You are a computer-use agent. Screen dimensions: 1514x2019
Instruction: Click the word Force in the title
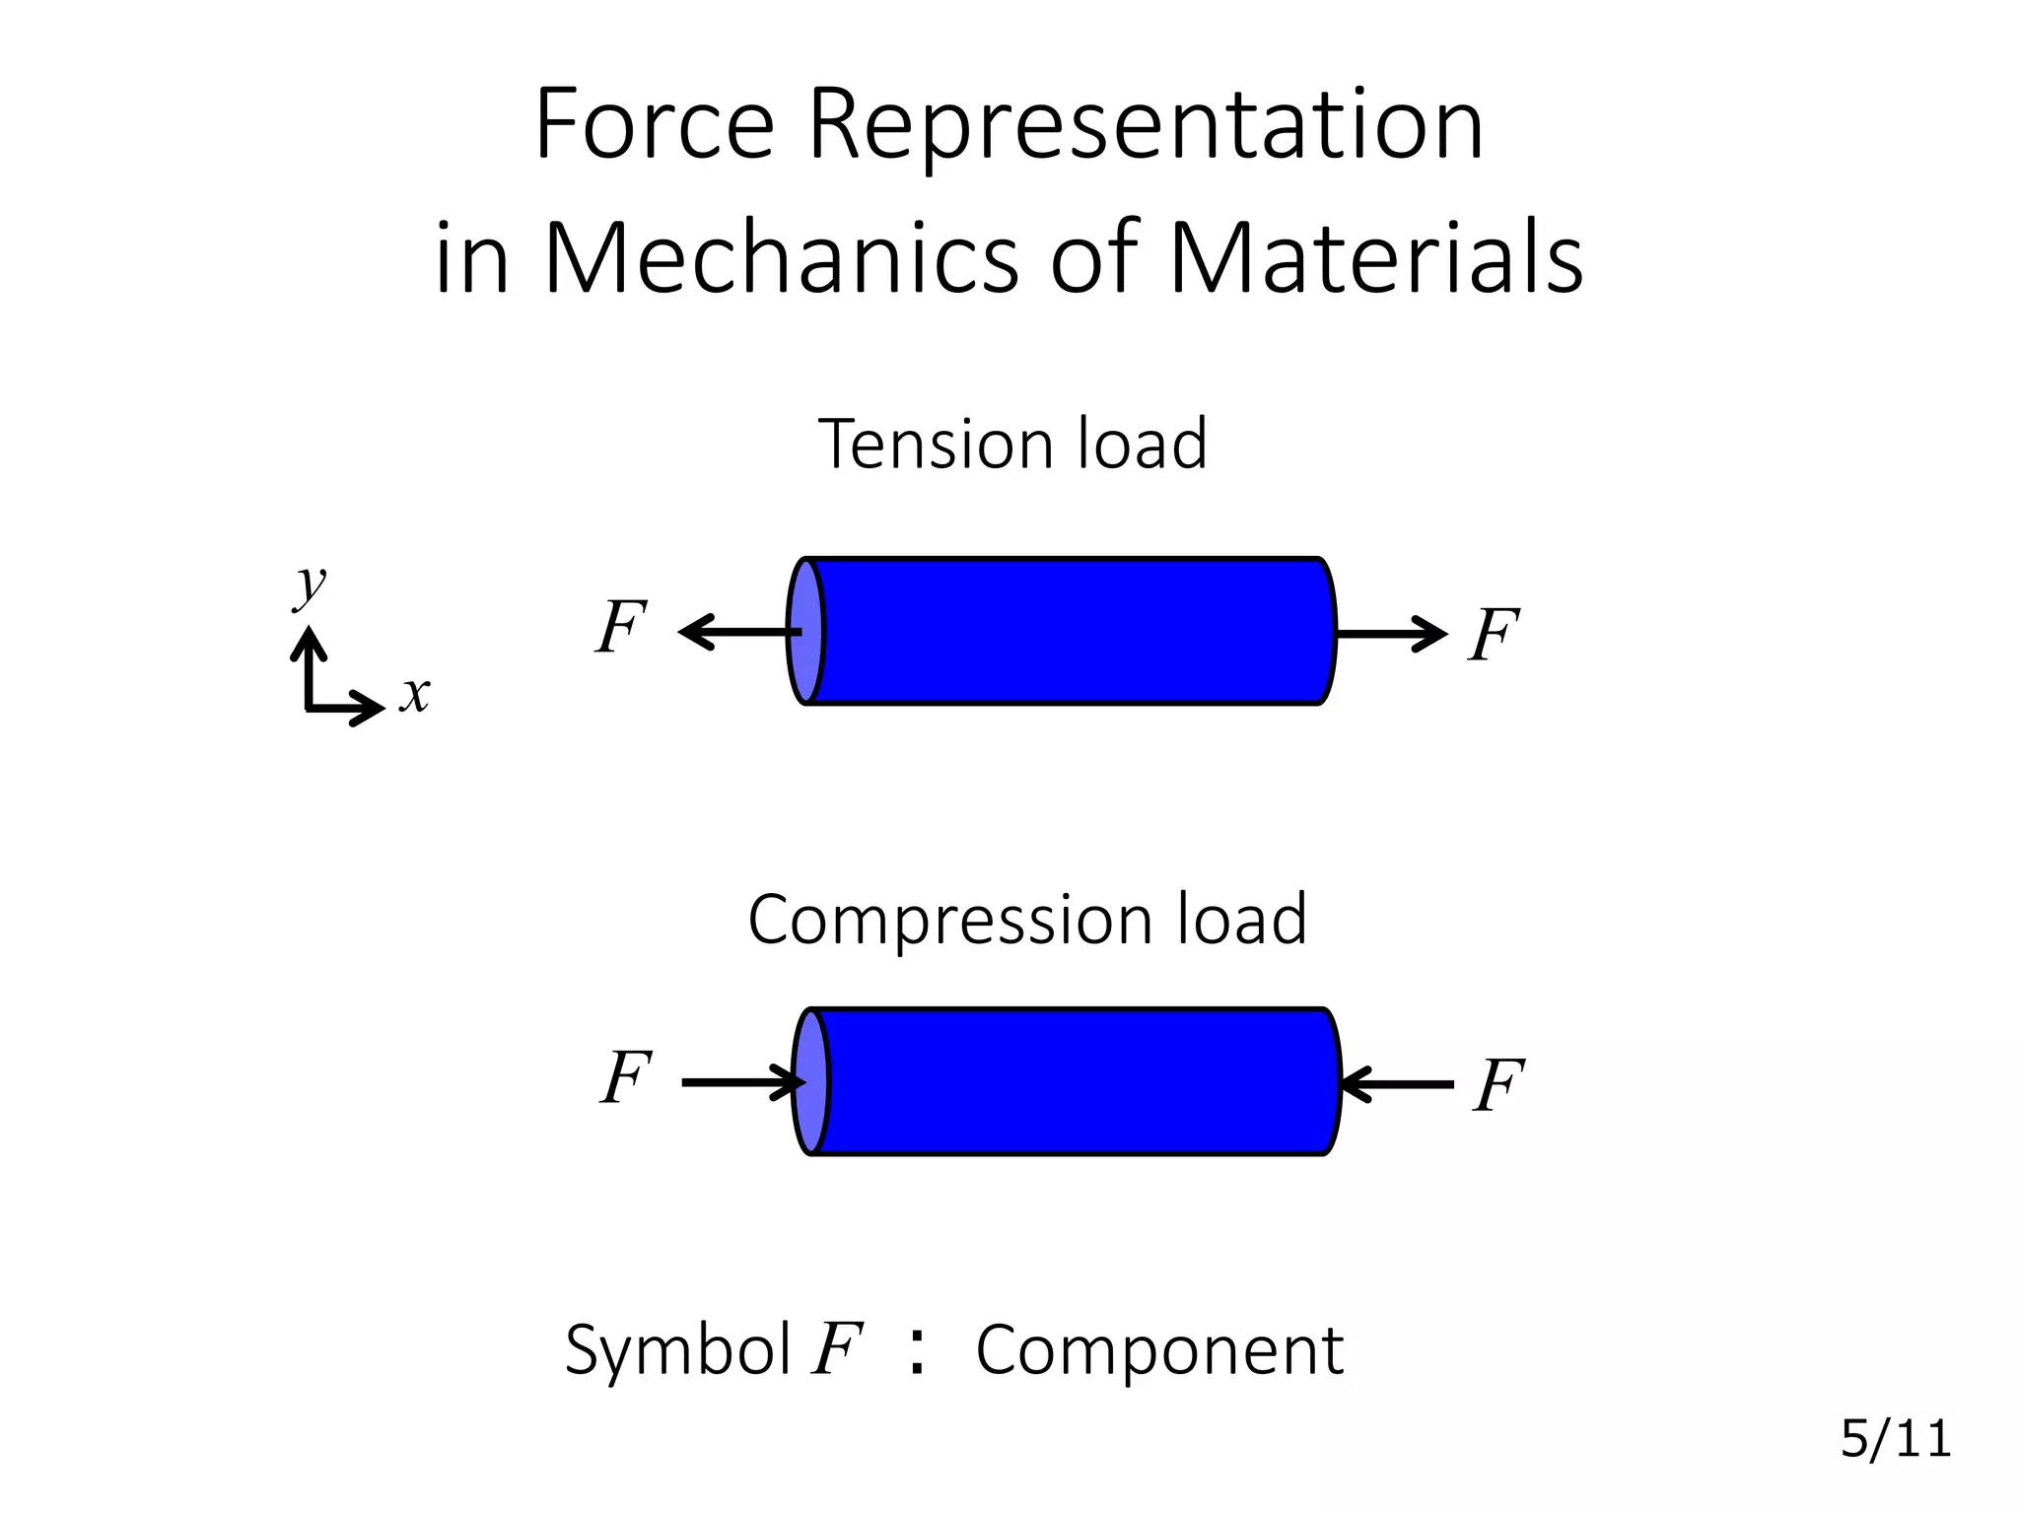click(x=654, y=125)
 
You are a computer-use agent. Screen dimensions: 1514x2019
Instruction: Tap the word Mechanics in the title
click(x=781, y=258)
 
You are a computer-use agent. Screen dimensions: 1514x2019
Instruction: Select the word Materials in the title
click(x=1375, y=258)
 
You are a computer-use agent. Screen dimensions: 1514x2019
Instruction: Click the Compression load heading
click(x=1027, y=919)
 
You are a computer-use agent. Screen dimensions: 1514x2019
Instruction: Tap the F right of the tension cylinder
click(x=1494, y=636)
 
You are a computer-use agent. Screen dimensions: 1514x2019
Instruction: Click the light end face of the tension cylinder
click(x=805, y=631)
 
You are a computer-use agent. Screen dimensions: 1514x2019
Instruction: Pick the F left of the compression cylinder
click(x=627, y=1077)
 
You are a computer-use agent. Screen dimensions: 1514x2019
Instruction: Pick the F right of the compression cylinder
click(x=1499, y=1086)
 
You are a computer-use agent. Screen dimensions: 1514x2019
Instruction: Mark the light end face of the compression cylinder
click(x=811, y=1081)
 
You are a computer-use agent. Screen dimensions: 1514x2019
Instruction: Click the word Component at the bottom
click(x=1159, y=1349)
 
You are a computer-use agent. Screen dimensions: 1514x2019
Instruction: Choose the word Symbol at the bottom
click(x=677, y=1349)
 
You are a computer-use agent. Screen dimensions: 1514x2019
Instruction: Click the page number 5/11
click(x=1895, y=1439)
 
